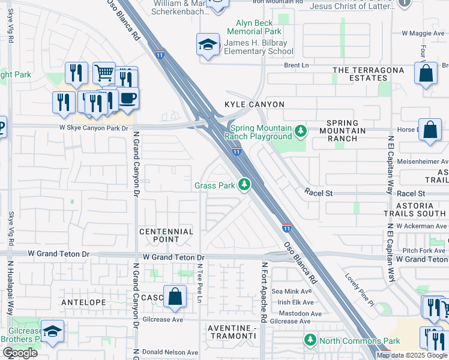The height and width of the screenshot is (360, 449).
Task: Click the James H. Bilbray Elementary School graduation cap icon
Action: coord(208,44)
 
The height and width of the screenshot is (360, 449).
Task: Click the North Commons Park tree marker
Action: coord(310,340)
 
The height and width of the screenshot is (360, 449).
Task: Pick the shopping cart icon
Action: coord(104,73)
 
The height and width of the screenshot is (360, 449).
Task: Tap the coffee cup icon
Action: coord(127,97)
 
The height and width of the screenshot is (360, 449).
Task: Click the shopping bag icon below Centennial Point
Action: coord(175,297)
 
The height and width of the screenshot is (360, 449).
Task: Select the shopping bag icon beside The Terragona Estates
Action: coord(426,74)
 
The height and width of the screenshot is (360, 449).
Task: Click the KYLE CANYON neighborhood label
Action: coord(254,104)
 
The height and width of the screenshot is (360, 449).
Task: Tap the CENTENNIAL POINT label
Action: coord(166,236)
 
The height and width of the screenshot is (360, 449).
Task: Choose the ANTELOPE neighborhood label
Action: coord(84,302)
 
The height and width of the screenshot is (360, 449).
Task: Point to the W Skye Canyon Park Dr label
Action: coord(94,128)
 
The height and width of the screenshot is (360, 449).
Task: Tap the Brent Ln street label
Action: coord(295,65)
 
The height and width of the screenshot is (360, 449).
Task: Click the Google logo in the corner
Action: coord(20,353)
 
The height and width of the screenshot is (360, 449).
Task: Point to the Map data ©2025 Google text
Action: coord(412,355)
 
